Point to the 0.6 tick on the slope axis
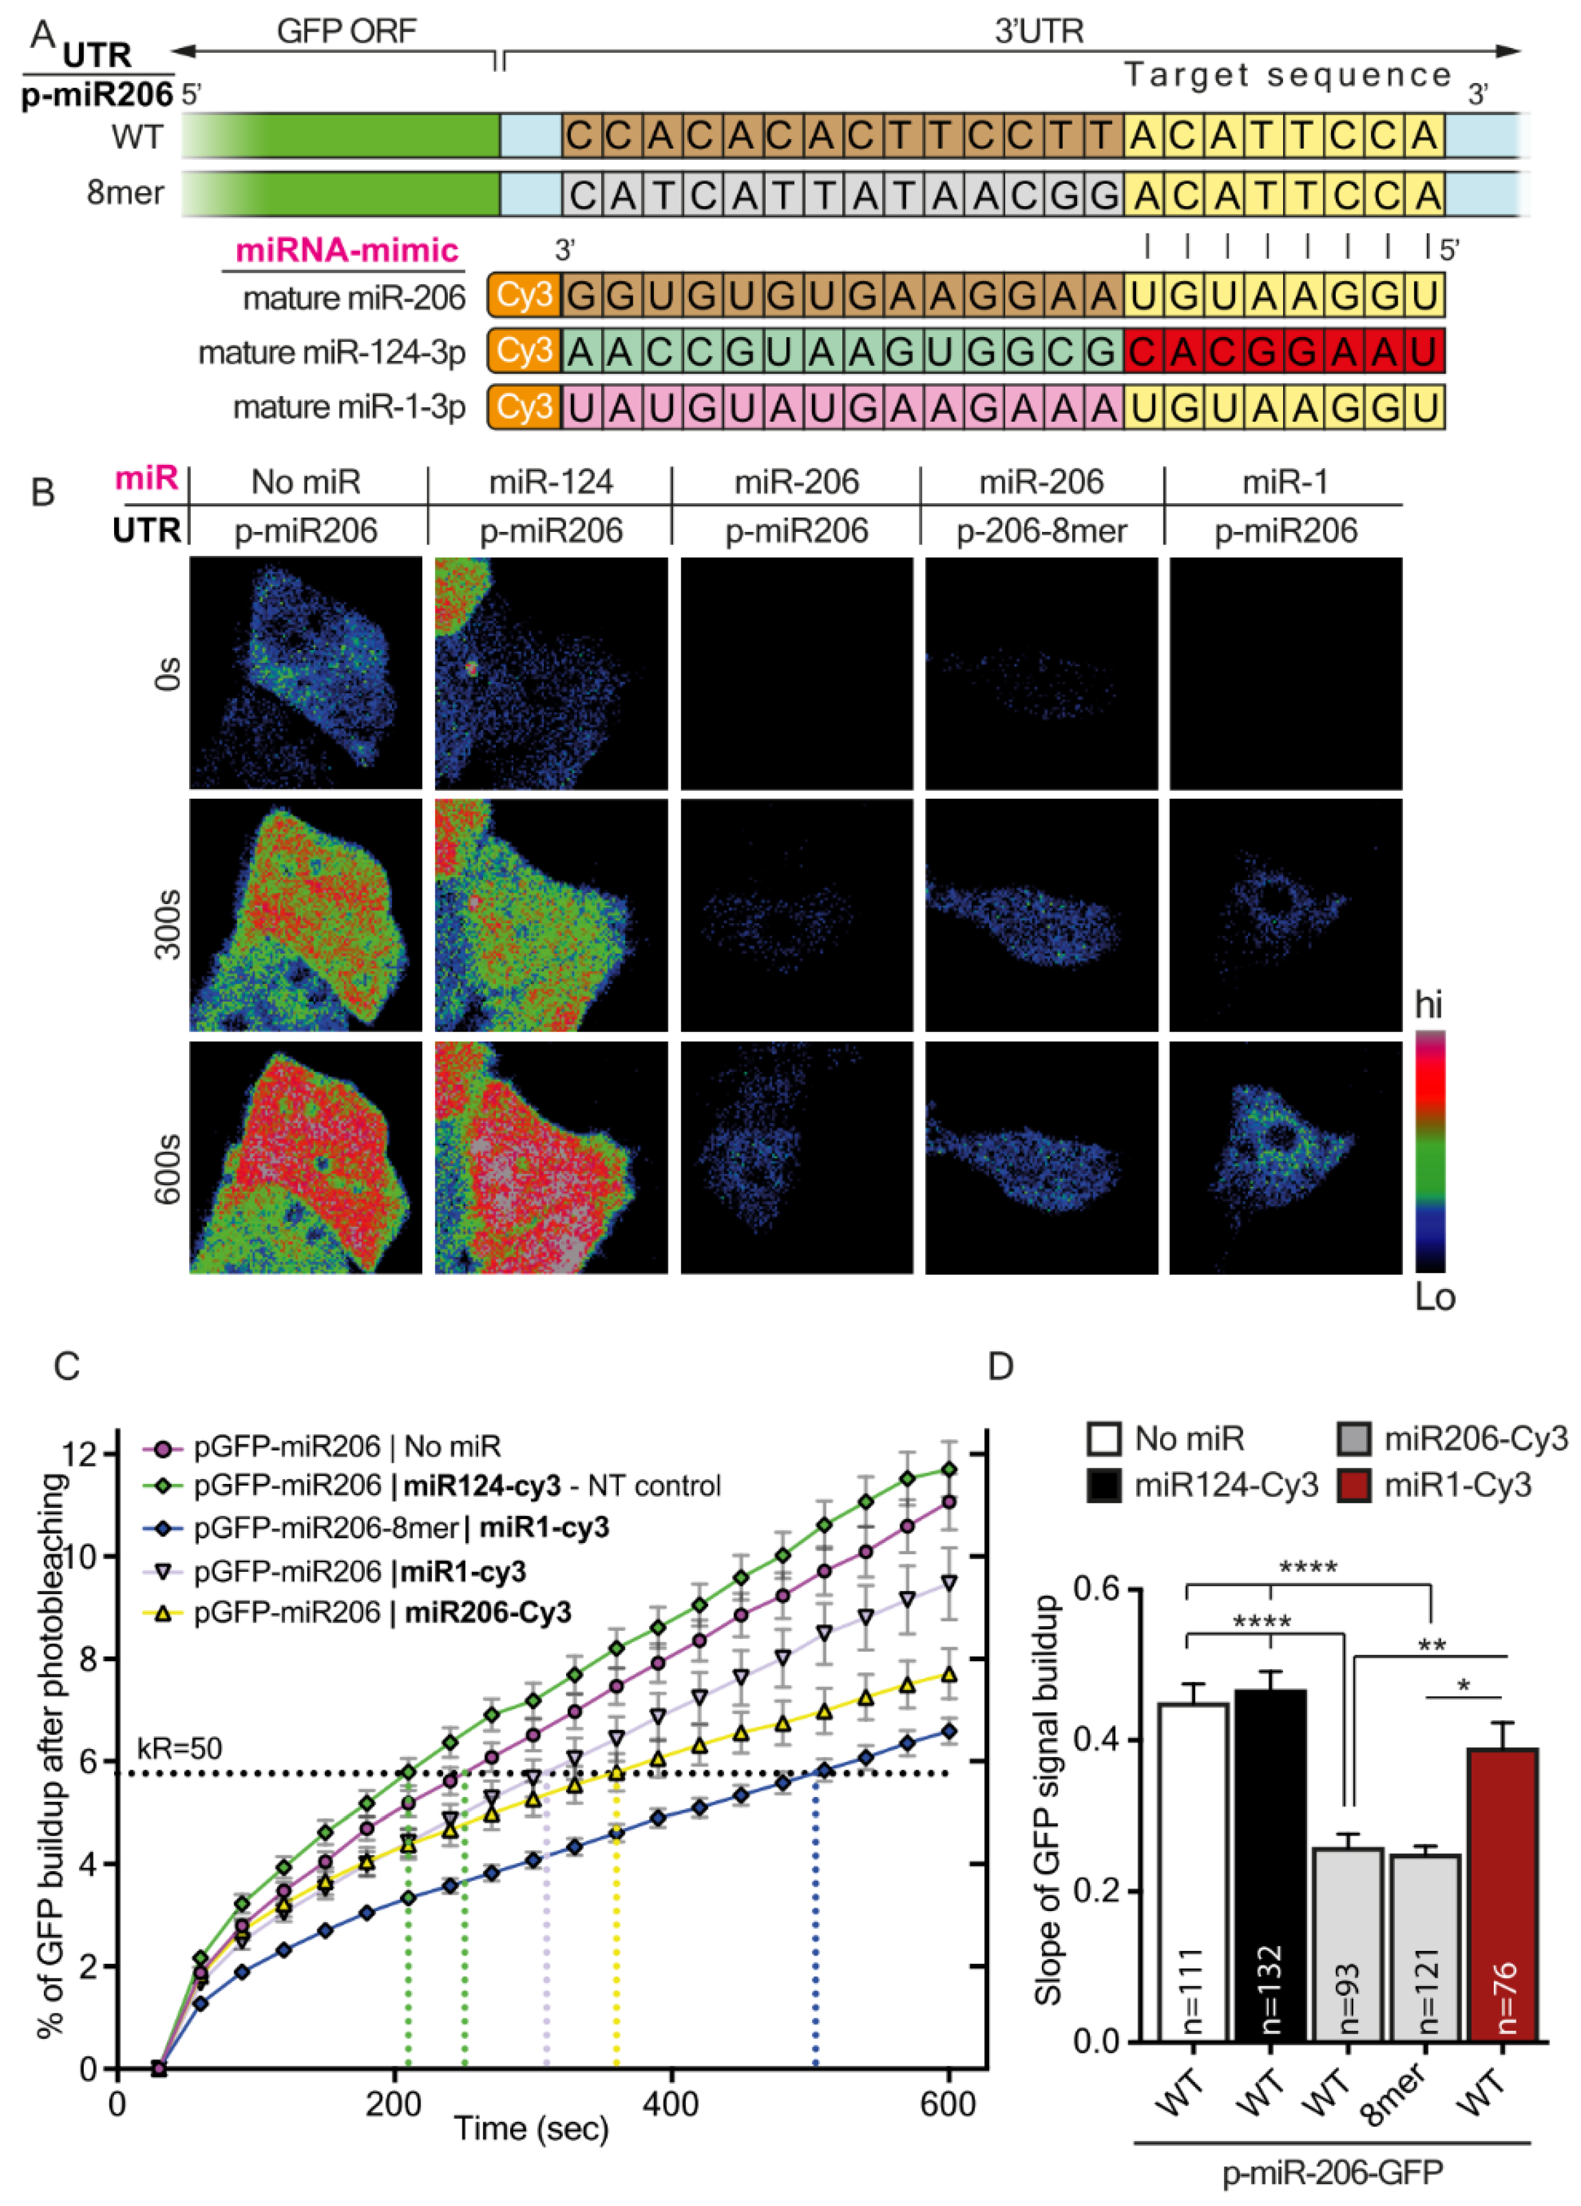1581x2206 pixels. [1096, 1589]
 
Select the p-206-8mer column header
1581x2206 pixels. [1041, 531]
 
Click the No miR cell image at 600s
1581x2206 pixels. [306, 1157]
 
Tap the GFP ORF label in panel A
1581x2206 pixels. [347, 32]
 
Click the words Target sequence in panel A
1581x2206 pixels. [1287, 75]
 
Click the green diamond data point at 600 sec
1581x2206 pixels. [949, 1470]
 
